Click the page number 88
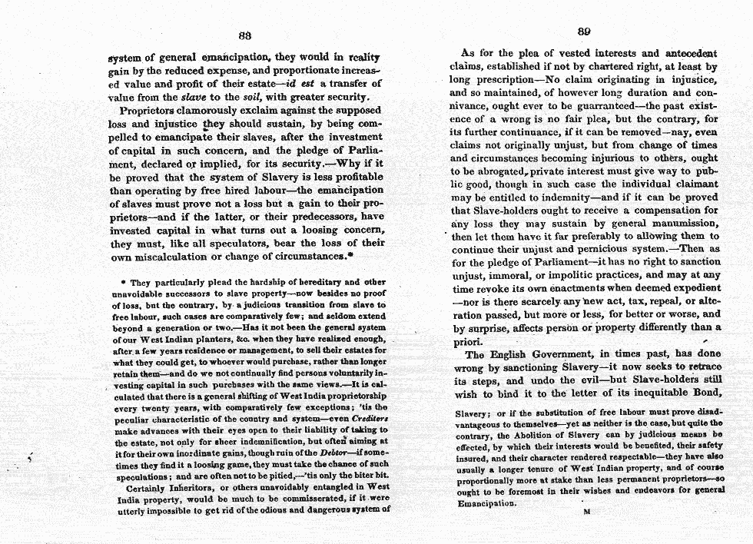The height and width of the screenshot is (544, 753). click(x=245, y=35)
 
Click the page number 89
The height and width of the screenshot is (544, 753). click(x=583, y=31)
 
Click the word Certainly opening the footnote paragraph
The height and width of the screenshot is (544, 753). click(x=148, y=487)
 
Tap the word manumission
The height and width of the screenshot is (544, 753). click(x=679, y=223)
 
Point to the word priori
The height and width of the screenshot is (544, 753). click(x=466, y=340)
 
